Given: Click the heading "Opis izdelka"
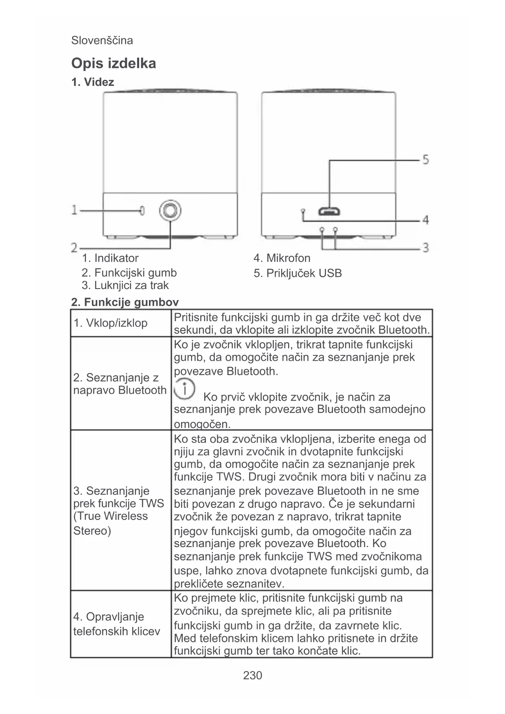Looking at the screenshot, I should [114, 64].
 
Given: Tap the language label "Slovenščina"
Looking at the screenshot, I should [102, 40].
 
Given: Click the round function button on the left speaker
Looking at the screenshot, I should [170, 210].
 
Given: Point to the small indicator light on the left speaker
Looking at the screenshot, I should [142, 210].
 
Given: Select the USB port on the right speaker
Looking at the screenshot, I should [329, 212].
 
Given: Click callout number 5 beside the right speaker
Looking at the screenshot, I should [425, 159].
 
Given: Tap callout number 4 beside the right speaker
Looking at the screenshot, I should [425, 220].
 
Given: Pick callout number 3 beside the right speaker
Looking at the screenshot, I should [425, 247].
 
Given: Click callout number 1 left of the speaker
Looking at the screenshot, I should [74, 210].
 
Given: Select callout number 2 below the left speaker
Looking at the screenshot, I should [74, 247].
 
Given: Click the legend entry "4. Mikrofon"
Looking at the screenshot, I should [282, 258].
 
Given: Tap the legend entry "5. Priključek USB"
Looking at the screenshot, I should [297, 273].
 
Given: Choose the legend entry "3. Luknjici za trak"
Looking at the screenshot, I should [125, 285].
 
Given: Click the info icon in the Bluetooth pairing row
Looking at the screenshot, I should [184, 389].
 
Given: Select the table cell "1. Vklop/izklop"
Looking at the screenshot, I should [110, 323].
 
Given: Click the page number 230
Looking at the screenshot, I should [252, 675].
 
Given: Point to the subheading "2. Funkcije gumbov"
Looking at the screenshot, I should [125, 302].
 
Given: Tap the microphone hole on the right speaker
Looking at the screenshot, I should [303, 211].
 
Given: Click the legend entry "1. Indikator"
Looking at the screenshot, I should [110, 258].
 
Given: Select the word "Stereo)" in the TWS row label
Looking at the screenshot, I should [92, 531].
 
